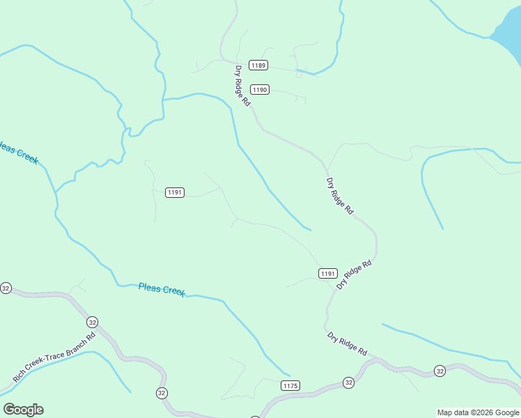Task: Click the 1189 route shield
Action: pos(259,65)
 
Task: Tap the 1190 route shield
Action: pos(260,90)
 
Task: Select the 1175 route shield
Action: pos(290,386)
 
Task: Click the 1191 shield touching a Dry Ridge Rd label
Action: pos(328,274)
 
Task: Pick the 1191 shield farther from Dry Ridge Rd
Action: pos(175,192)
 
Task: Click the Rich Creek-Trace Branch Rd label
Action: pos(54,357)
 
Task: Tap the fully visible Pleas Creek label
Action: pos(162,289)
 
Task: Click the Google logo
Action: pos(23,410)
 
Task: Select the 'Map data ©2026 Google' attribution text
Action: pos(478,412)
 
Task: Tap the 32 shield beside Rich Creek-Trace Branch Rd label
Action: pos(92,322)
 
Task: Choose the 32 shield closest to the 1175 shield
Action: pos(348,382)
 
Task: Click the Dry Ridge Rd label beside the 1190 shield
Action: pos(242,85)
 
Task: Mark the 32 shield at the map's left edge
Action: pos(6,288)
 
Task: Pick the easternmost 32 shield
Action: pos(440,371)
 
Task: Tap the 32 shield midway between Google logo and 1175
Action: pos(162,393)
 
